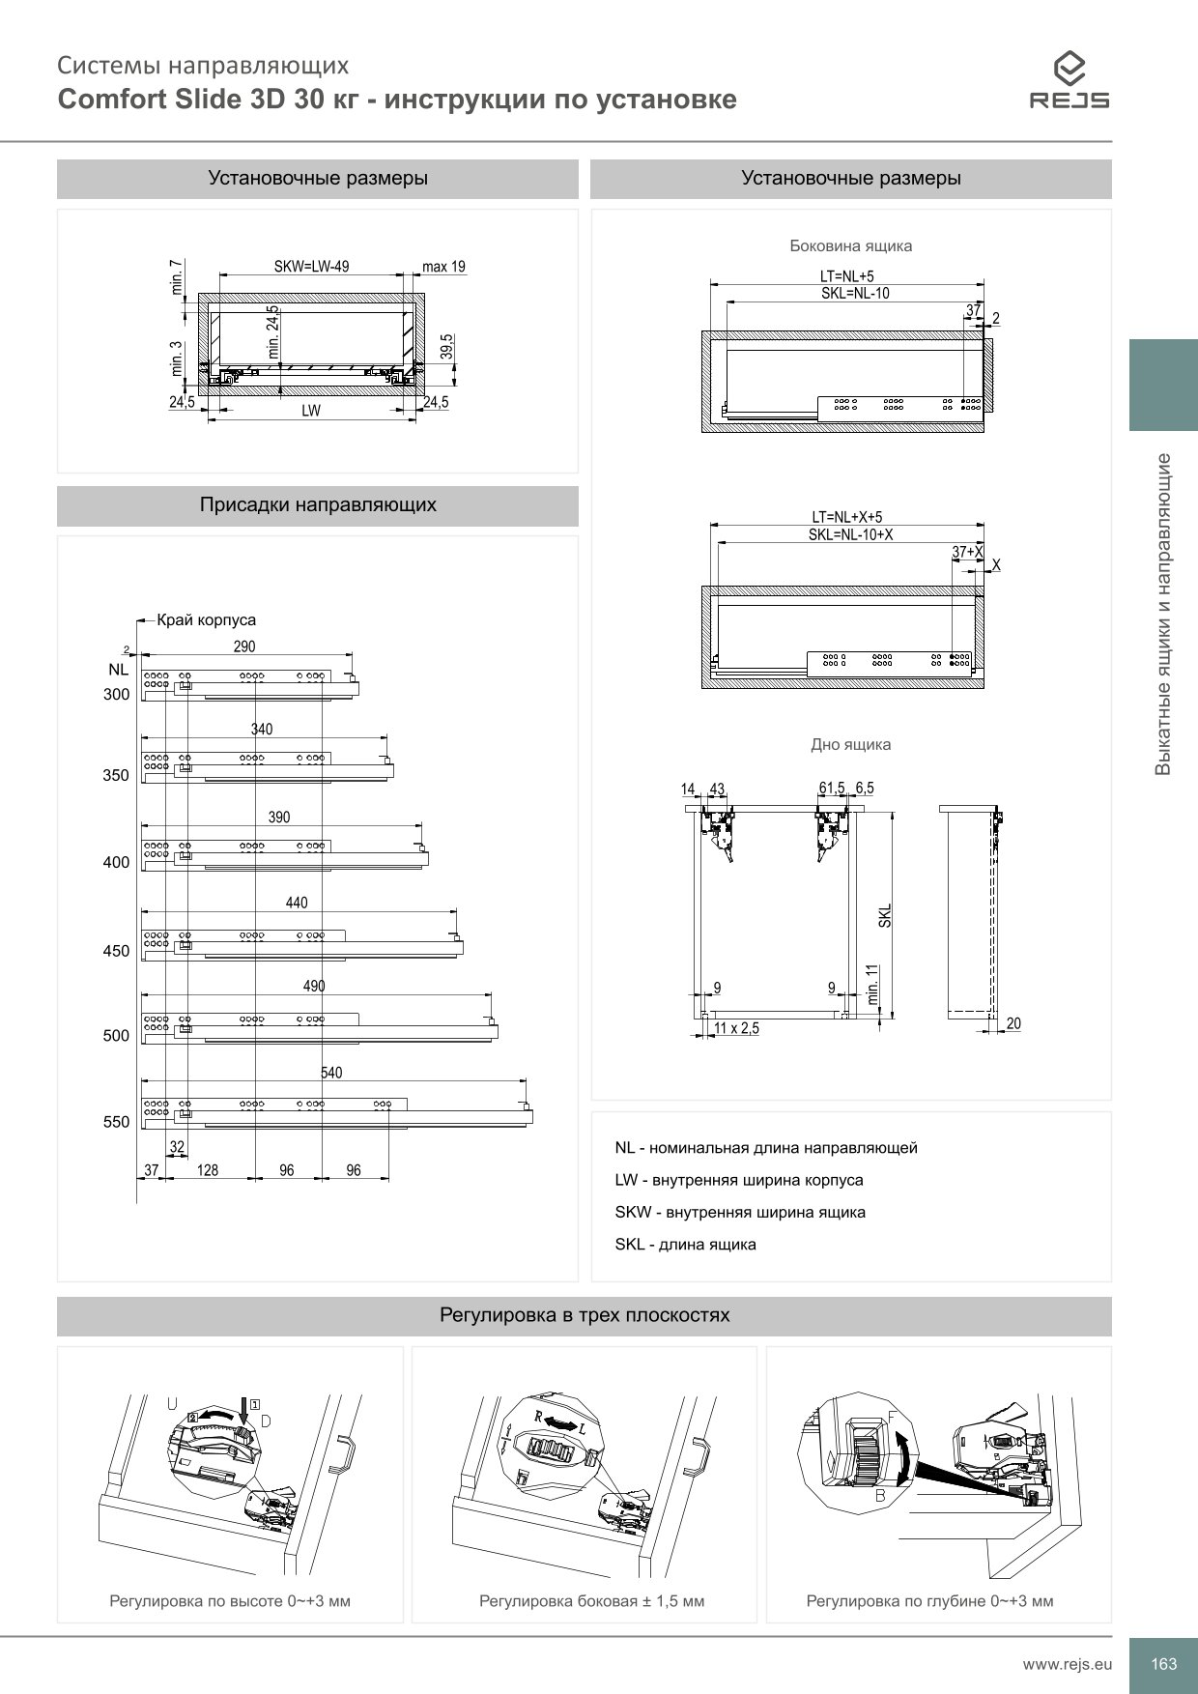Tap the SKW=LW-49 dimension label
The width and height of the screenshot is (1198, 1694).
(x=311, y=267)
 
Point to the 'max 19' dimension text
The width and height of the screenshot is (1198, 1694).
(x=443, y=267)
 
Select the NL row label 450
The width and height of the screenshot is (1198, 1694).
(x=116, y=951)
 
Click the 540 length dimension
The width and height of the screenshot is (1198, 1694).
(x=331, y=1073)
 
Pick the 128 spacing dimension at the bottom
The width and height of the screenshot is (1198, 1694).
(x=207, y=1170)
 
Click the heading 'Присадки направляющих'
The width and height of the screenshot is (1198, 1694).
(x=317, y=505)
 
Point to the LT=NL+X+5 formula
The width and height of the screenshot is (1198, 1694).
(x=846, y=518)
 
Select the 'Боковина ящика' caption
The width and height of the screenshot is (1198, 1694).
(x=850, y=246)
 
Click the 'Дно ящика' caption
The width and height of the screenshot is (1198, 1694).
(x=850, y=745)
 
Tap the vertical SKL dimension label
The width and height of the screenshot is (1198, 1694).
(x=885, y=916)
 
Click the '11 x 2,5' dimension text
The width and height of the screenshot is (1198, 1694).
(x=736, y=1029)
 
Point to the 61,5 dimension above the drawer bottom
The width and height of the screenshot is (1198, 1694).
(x=832, y=789)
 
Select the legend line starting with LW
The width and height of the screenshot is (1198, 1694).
(x=739, y=1180)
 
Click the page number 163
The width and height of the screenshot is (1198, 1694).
(x=1163, y=1664)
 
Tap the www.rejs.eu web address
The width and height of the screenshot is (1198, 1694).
(x=1068, y=1664)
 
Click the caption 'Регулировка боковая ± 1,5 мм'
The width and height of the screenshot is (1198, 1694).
(x=591, y=1601)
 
